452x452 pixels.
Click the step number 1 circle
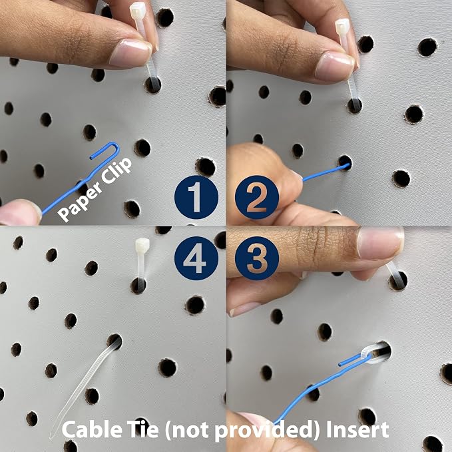coord(196,197)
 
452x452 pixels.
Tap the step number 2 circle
coord(257,197)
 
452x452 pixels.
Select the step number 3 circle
coord(257,258)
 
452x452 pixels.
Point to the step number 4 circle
coord(196,258)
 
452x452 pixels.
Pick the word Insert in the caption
coord(357,430)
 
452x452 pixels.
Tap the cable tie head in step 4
coord(142,245)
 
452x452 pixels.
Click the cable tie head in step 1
coord(138,10)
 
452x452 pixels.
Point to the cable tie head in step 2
coord(342,26)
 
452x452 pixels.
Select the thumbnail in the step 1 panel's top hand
coord(131,53)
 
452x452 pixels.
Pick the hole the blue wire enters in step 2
coord(345,163)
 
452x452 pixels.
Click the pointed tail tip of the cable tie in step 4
coord(51,437)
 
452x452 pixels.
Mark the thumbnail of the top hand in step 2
coord(335,67)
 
